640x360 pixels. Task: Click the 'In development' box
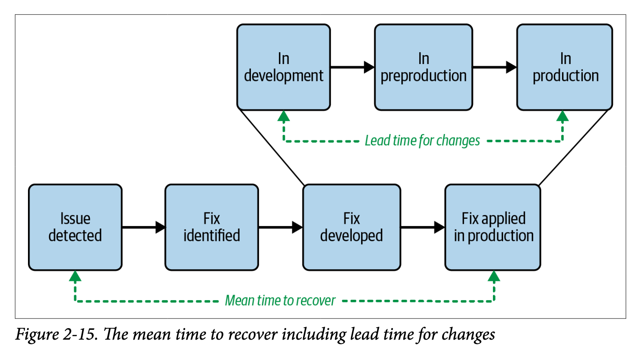pyautogui.click(x=284, y=67)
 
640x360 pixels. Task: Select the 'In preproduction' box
pyautogui.click(x=423, y=67)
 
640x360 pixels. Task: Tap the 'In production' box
pyautogui.click(x=565, y=67)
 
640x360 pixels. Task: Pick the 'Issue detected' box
pyautogui.click(x=75, y=227)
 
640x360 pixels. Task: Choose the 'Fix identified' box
pyautogui.click(x=211, y=227)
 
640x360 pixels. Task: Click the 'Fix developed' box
pyautogui.click(x=351, y=227)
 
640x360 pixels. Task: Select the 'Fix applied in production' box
pyautogui.click(x=493, y=227)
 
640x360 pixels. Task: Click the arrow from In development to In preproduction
pyautogui.click(x=352, y=67)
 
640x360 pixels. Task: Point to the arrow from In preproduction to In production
pyautogui.click(x=494, y=67)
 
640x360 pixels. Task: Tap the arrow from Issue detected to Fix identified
pyautogui.click(x=143, y=227)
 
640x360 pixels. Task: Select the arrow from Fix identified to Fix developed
pyautogui.click(x=280, y=227)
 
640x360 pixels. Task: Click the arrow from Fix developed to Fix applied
pyautogui.click(x=423, y=227)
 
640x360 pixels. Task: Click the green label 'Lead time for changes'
pyautogui.click(x=422, y=140)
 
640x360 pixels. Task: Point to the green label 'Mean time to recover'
pyautogui.click(x=280, y=301)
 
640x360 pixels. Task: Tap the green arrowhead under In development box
pyautogui.click(x=284, y=116)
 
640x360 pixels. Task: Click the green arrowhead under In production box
pyautogui.click(x=562, y=116)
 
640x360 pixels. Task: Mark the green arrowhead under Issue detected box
pyautogui.click(x=75, y=276)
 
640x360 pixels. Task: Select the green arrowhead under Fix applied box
pyautogui.click(x=494, y=276)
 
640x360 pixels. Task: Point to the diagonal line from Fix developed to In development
pyautogui.click(x=271, y=147)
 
